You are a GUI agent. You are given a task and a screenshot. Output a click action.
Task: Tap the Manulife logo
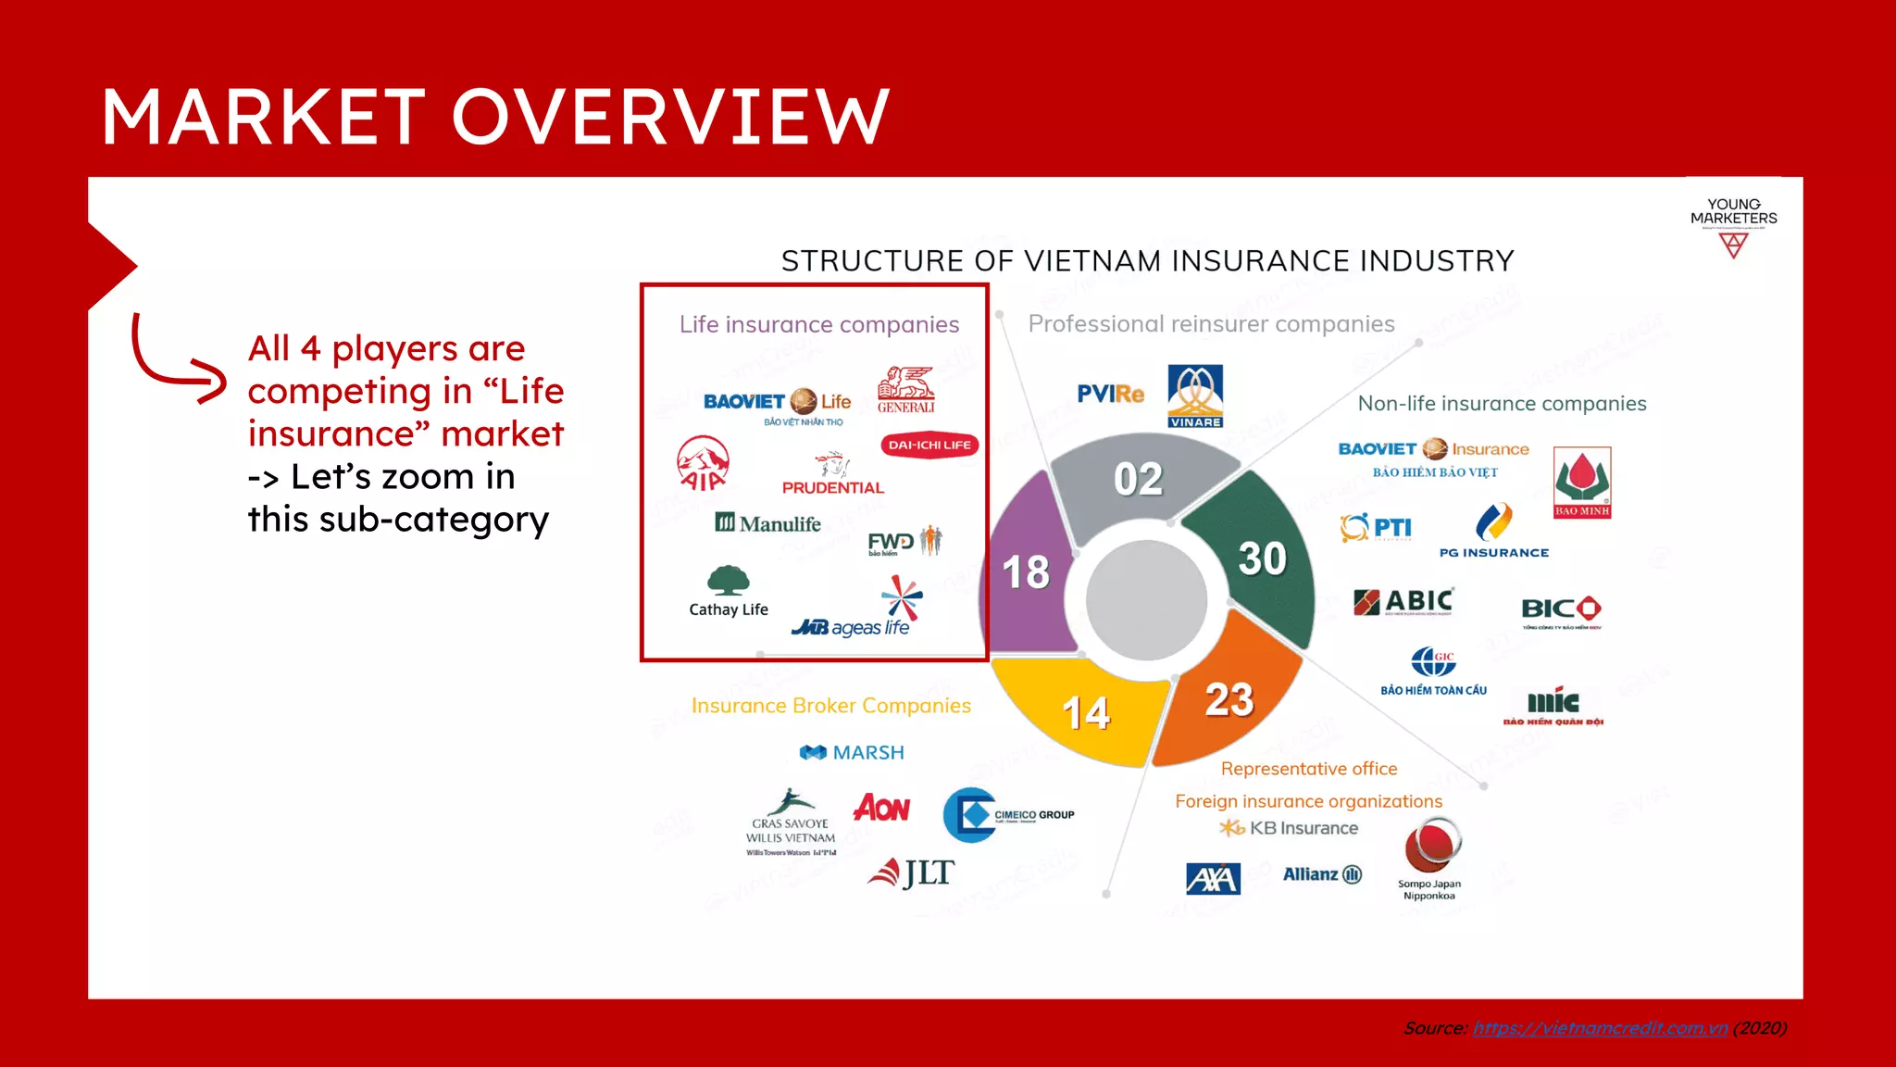click(x=767, y=523)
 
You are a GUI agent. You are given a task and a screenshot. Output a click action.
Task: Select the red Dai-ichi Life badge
click(x=929, y=446)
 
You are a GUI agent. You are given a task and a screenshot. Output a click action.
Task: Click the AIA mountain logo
click(x=703, y=462)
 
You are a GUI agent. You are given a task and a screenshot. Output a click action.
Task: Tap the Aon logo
click(x=881, y=808)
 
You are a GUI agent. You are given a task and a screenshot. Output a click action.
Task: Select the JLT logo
click(x=911, y=872)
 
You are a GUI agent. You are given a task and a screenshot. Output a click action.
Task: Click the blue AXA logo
click(x=1213, y=878)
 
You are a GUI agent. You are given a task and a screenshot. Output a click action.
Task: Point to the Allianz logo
click(x=1322, y=874)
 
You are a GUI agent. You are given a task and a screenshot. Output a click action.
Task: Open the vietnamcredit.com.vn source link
click(x=1600, y=1028)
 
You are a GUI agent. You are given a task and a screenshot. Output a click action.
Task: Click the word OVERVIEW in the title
click(x=670, y=118)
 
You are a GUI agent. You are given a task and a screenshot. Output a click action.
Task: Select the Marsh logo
click(x=852, y=752)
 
